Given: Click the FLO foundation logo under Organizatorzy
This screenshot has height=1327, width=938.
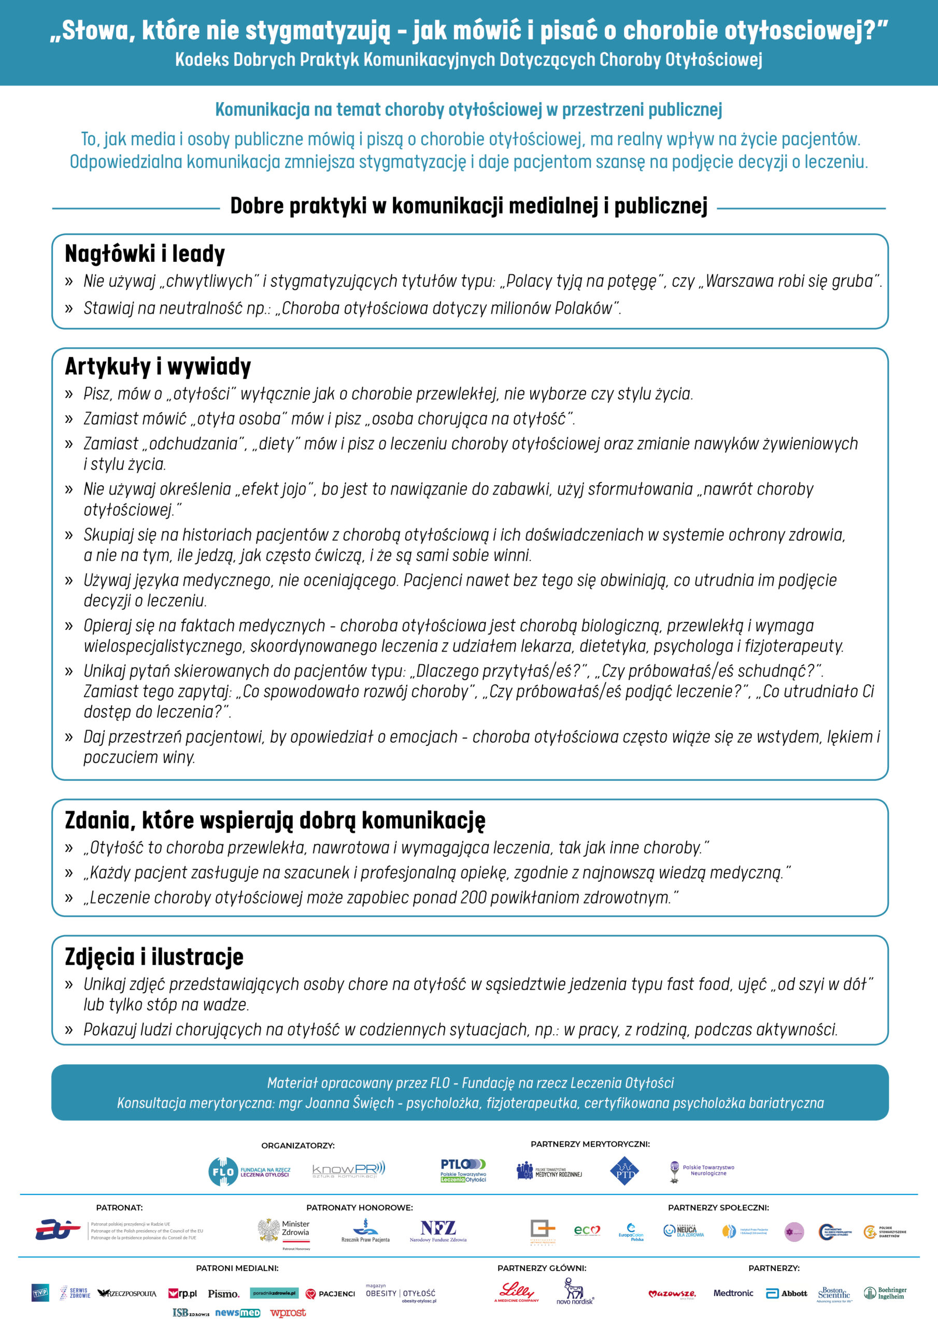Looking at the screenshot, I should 249,1171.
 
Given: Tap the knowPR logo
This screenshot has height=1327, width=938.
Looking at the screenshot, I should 348,1170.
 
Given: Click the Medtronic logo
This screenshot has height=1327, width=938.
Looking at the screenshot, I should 733,1293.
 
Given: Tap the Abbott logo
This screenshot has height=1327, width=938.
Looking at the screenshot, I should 786,1293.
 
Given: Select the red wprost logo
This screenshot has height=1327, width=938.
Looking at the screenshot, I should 288,1312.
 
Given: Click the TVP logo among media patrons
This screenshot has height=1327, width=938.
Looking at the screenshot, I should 40,1293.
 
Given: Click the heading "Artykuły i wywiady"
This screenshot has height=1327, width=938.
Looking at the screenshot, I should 158,366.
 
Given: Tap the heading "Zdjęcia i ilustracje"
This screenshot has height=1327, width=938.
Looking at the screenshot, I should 154,956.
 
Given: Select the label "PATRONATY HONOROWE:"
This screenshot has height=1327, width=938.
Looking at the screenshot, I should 360,1207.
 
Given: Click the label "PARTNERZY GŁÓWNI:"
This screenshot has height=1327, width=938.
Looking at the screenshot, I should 542,1268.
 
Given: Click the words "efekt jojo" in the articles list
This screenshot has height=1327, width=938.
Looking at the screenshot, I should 274,489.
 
